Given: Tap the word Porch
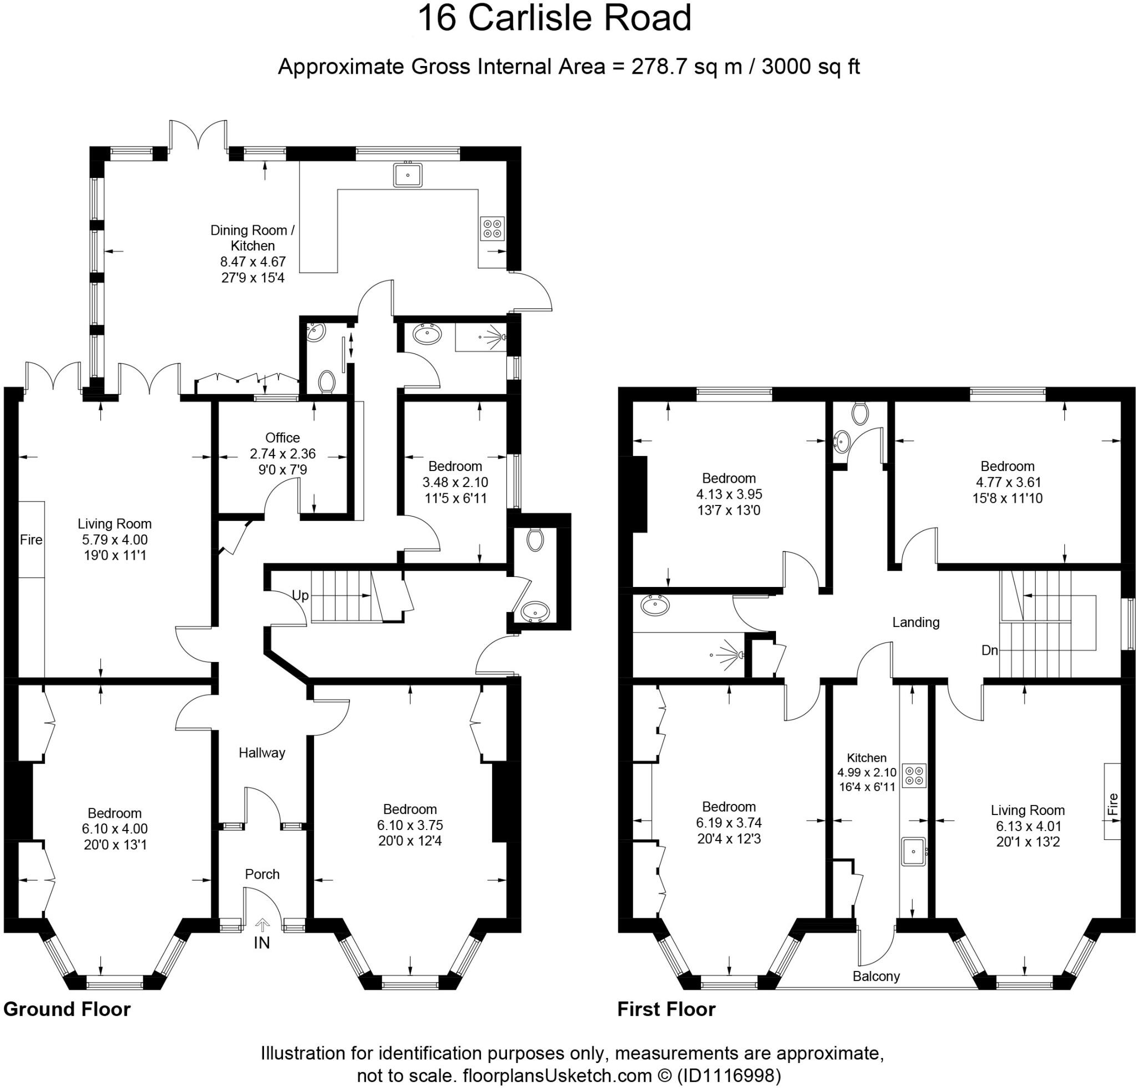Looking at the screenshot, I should pos(262,874).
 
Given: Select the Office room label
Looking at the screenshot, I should pos(282,438).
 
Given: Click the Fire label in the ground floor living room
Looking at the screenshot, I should pos(31,540).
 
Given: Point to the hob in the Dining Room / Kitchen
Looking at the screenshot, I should pos(492,228).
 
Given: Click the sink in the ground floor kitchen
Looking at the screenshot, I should pos(408,174).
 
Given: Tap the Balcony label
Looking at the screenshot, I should pos(876,976).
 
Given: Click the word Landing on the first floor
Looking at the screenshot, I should pos(916,622).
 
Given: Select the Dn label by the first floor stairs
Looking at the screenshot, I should pos(990,650).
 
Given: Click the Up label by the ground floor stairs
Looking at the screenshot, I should pos(300,595).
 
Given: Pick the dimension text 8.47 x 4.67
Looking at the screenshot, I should pos(253,261).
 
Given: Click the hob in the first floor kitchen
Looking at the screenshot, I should pos(914,775).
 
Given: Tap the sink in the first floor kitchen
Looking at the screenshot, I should pos(914,852).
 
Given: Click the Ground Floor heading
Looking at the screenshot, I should pos(67,1009).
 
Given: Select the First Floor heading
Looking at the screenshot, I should pos(666,1009).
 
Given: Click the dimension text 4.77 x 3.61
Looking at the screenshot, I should pos(1007,482).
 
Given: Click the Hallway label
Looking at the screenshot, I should pos(262,752).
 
